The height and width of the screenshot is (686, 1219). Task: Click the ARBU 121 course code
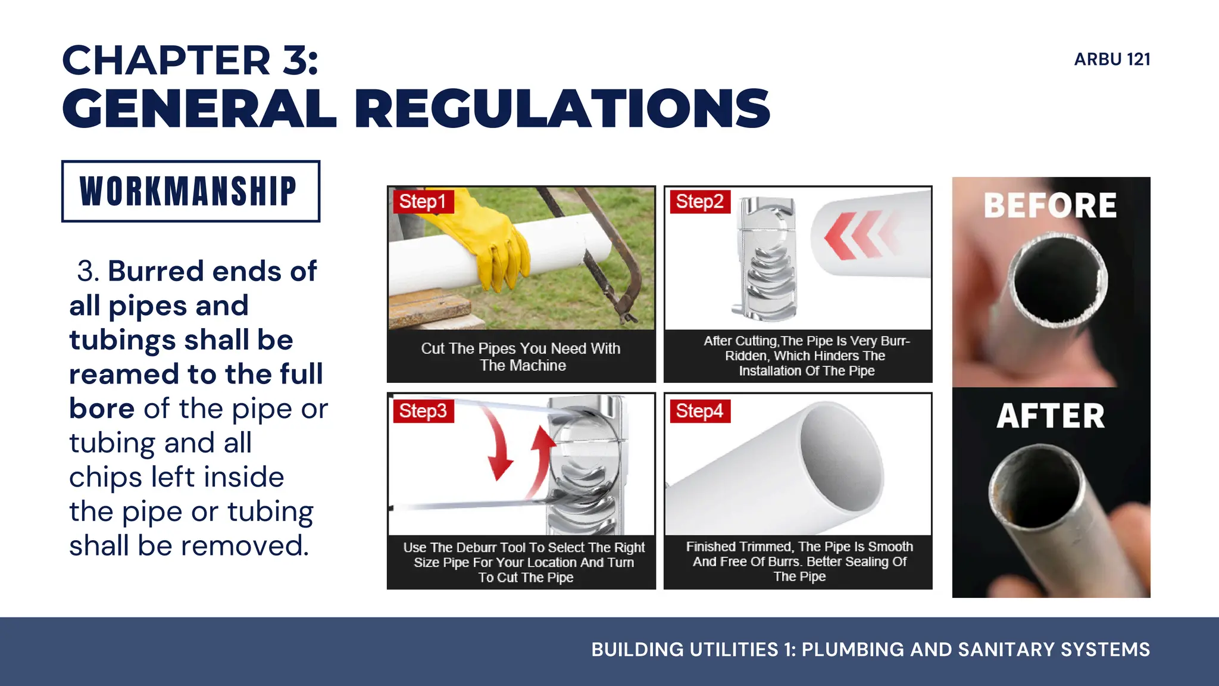1112,60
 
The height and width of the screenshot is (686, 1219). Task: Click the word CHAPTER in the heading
167,61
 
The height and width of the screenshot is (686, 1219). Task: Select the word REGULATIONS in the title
562,108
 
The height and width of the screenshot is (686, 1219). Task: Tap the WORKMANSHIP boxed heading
190,191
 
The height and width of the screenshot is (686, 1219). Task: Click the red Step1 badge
423,201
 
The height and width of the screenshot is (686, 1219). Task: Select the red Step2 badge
699,201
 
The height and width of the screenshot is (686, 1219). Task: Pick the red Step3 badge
423,411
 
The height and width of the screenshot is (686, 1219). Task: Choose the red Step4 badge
699,411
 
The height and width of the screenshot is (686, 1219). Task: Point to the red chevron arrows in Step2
857,235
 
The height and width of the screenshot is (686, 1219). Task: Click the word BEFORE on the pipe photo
1051,206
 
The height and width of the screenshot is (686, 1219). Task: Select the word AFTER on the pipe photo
1051,416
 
